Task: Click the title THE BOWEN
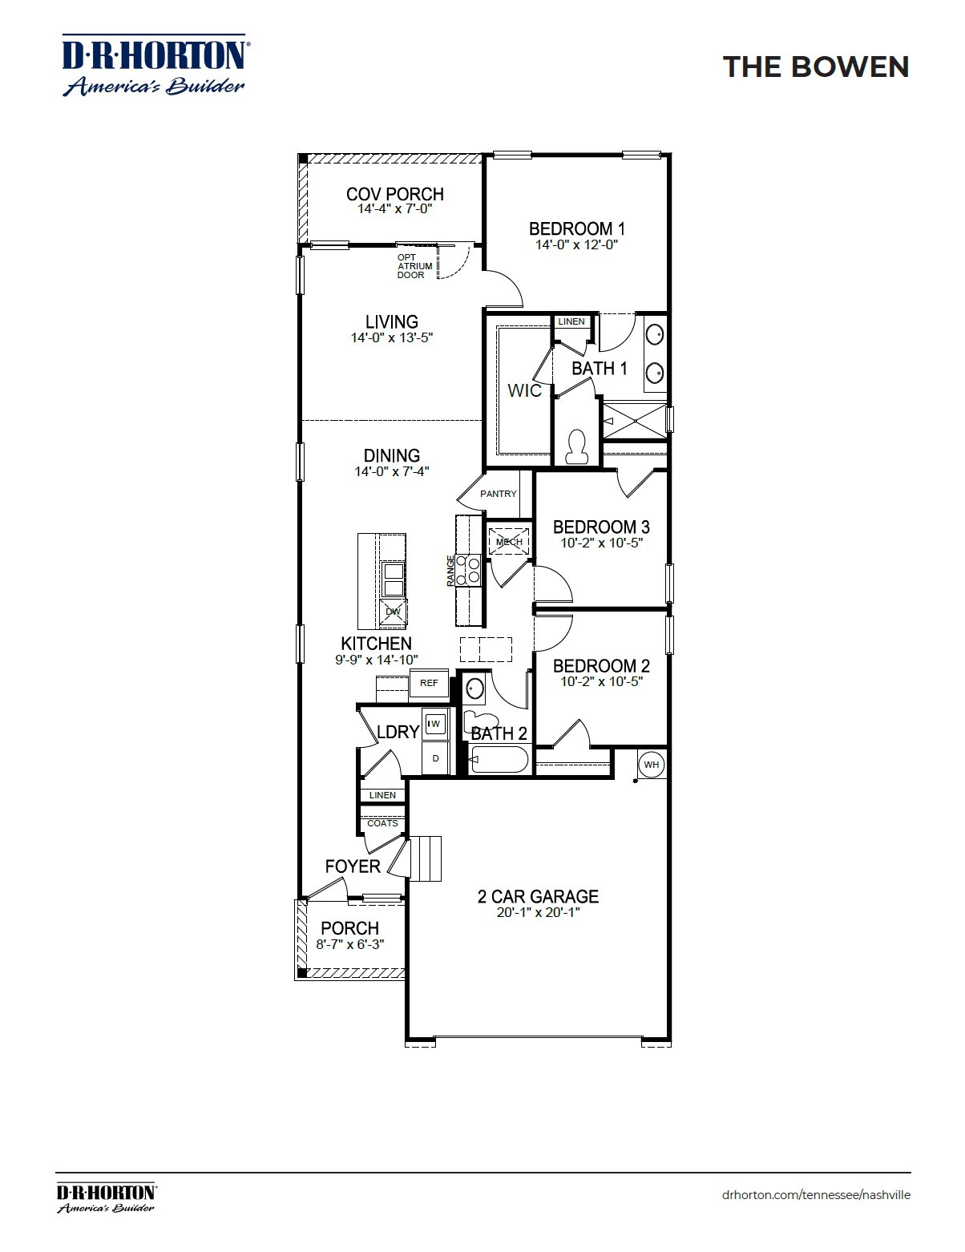(816, 67)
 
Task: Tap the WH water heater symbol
(651, 765)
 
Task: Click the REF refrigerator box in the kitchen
(429, 683)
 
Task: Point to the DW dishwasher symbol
(393, 612)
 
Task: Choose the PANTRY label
(499, 494)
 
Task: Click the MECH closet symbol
(509, 542)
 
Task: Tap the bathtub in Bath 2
(499, 759)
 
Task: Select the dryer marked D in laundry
(436, 758)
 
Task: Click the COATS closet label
(382, 823)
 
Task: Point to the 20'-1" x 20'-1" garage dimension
(539, 912)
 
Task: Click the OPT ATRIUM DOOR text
(415, 266)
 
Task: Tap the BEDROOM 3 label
(601, 527)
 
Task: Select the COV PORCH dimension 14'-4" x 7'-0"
(395, 208)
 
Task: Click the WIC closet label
(525, 390)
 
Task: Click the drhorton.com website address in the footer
(816, 1194)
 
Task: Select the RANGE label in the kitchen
(451, 571)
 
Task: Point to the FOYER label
(353, 866)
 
